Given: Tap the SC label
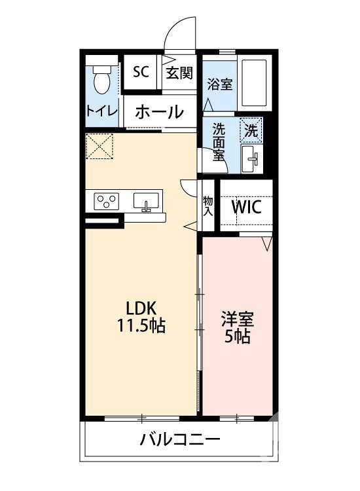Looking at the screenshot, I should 141,72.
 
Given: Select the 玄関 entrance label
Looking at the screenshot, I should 179,72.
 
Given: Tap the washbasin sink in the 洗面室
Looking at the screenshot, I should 251,158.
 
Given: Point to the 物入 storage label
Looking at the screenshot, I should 208,207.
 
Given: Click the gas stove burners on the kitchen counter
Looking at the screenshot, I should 105,200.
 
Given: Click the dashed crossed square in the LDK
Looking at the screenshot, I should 100,146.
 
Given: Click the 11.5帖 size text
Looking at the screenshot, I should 141,325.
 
